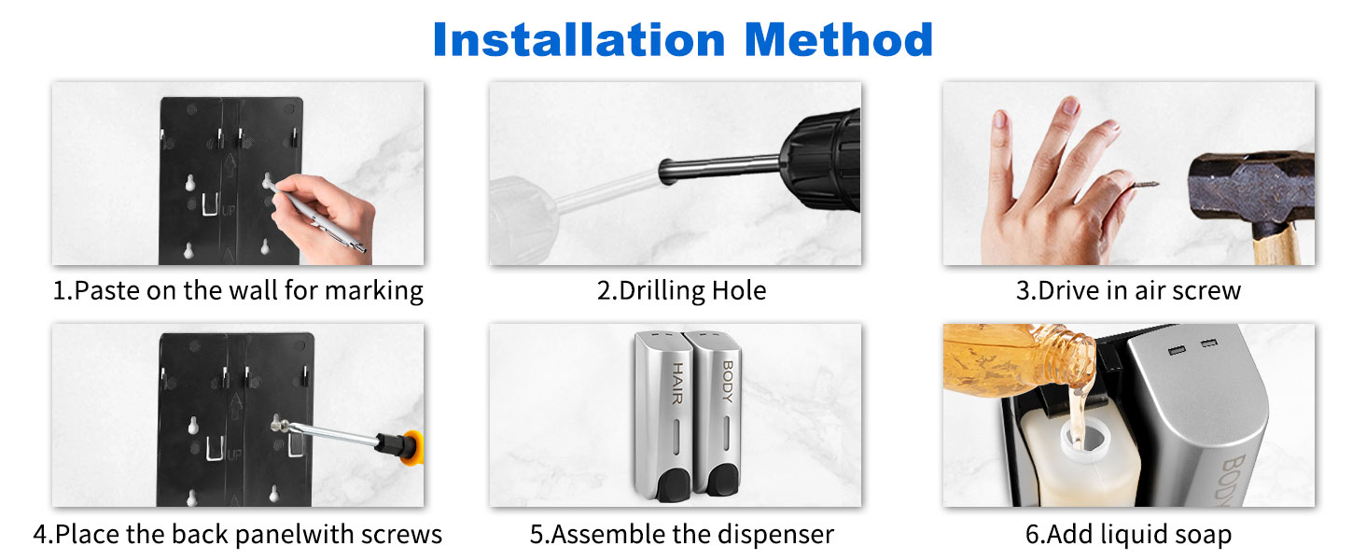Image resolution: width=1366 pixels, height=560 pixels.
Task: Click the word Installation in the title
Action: [578, 39]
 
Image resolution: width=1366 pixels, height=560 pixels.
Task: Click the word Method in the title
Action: [839, 39]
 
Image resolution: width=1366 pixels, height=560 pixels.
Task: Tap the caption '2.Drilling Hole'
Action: [681, 291]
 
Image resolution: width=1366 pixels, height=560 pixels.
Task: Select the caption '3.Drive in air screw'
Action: [1128, 290]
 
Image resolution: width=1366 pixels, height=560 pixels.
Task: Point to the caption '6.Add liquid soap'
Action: [1128, 535]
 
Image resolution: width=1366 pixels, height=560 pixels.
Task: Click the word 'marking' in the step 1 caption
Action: [374, 291]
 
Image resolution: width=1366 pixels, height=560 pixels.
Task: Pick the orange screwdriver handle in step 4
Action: [413, 448]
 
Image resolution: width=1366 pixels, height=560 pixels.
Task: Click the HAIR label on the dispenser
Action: [676, 383]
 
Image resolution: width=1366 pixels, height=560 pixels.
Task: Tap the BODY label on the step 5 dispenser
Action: [728, 381]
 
